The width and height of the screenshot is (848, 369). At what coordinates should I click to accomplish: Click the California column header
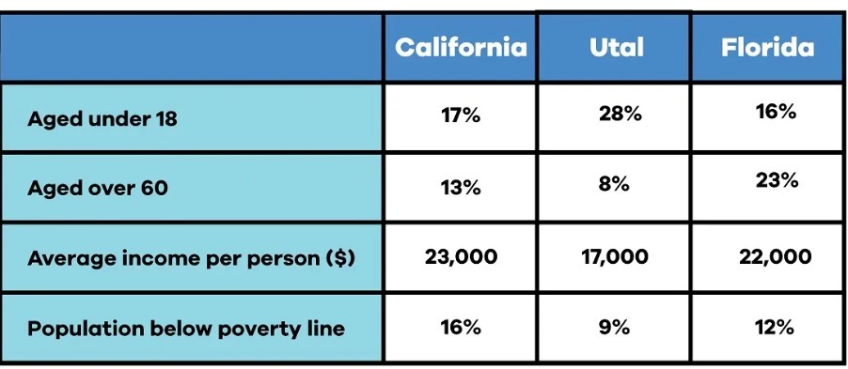(x=461, y=47)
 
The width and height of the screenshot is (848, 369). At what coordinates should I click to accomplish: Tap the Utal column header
(x=617, y=47)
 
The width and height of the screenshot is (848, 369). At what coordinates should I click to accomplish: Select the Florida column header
(x=767, y=47)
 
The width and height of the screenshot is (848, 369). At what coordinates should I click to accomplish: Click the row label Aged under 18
(x=102, y=118)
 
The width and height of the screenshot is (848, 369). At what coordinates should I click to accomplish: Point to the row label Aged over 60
(x=98, y=188)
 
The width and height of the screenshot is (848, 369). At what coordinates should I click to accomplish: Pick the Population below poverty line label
(x=186, y=329)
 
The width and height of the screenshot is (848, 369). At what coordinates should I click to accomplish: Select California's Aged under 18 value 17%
(x=461, y=115)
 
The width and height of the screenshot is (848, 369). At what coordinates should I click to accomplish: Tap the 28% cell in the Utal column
(x=620, y=114)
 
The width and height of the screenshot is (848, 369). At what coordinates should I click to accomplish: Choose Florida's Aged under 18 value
(x=776, y=112)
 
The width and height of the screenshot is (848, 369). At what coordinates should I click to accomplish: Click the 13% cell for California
(x=461, y=188)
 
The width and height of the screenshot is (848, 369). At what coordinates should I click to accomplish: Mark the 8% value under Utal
(x=614, y=184)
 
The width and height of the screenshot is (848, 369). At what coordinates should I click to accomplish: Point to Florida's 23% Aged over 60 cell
(x=777, y=180)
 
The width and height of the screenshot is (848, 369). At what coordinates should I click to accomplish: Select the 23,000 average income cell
(x=461, y=257)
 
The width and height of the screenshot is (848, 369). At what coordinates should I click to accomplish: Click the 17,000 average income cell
(x=615, y=257)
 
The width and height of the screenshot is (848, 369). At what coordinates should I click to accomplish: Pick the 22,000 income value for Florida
(x=775, y=257)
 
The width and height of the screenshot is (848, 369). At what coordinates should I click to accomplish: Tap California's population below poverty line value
(x=461, y=328)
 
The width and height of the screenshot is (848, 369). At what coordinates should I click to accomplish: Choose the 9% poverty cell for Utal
(x=614, y=328)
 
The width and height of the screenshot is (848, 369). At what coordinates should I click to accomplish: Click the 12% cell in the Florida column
(x=775, y=328)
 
